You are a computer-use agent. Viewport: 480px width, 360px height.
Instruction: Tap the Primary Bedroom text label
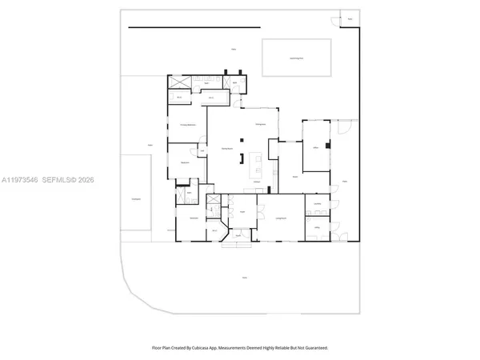(187, 126)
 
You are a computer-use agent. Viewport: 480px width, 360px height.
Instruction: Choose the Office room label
(316, 148)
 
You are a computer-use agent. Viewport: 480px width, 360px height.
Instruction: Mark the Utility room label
(318, 228)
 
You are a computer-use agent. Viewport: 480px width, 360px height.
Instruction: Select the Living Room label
(282, 216)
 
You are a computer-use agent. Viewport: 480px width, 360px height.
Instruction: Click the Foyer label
(241, 212)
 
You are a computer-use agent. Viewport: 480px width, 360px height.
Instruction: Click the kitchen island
(258, 166)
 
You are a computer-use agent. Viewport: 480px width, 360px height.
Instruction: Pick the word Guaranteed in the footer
(313, 348)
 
